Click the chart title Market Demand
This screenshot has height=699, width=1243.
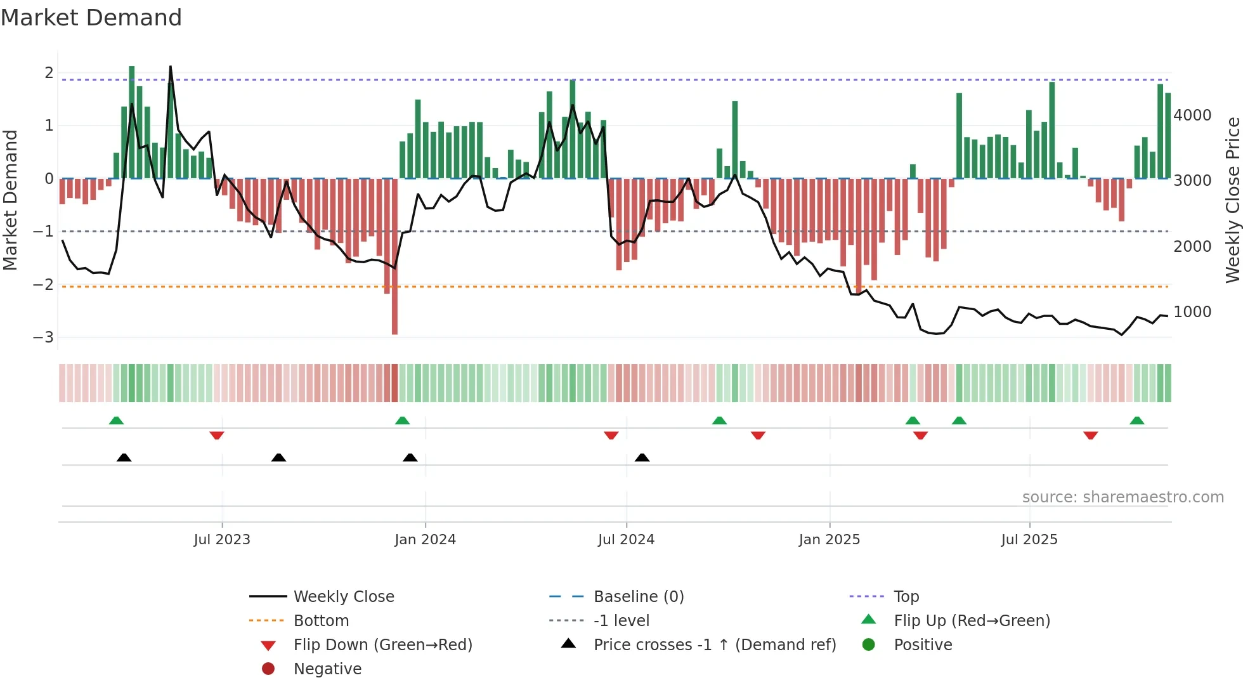click(91, 18)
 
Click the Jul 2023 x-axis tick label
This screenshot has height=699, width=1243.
click(222, 540)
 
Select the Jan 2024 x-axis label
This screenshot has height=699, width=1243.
click(425, 540)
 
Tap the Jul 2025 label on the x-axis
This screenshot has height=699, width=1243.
click(1029, 540)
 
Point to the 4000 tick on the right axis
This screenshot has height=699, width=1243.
click(1192, 115)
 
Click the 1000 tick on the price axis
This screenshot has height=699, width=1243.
click(1192, 312)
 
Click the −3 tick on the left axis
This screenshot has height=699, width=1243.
click(43, 337)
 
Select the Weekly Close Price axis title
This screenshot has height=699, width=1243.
click(1232, 200)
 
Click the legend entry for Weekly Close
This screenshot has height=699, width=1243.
click(344, 597)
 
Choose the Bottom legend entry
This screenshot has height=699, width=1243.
click(321, 621)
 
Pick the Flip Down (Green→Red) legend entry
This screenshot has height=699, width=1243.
click(382, 645)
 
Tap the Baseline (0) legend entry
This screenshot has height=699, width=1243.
click(639, 597)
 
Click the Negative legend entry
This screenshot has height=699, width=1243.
click(327, 669)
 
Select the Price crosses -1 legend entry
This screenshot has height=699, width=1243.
click(715, 645)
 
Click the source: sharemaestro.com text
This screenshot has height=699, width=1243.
click(1123, 497)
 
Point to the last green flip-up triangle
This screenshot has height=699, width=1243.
click(1137, 421)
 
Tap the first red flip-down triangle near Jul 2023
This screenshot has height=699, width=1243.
click(217, 435)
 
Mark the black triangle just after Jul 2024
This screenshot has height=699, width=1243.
click(642, 457)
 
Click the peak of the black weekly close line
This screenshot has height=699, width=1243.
click(170, 67)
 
